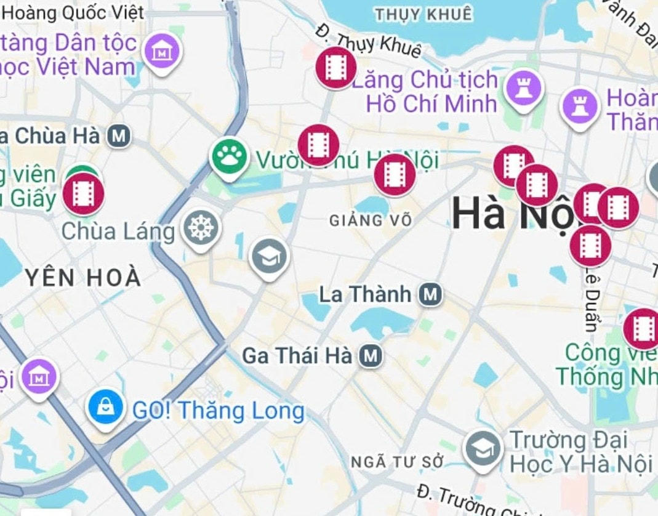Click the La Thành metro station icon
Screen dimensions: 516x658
tap(430, 295)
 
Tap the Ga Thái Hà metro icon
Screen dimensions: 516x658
tap(370, 355)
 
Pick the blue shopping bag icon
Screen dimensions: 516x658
tap(106, 406)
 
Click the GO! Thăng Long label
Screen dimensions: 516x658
tap(219, 410)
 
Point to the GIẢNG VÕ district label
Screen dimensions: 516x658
tap(370, 220)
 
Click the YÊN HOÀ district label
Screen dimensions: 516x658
tap(84, 278)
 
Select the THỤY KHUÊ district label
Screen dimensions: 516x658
tap(424, 14)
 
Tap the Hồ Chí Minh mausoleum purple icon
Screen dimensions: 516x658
tap(523, 89)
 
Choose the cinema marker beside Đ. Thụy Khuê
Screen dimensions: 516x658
tap(336, 67)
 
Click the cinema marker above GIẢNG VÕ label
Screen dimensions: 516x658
tap(394, 174)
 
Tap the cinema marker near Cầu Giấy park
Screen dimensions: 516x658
tap(83, 193)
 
